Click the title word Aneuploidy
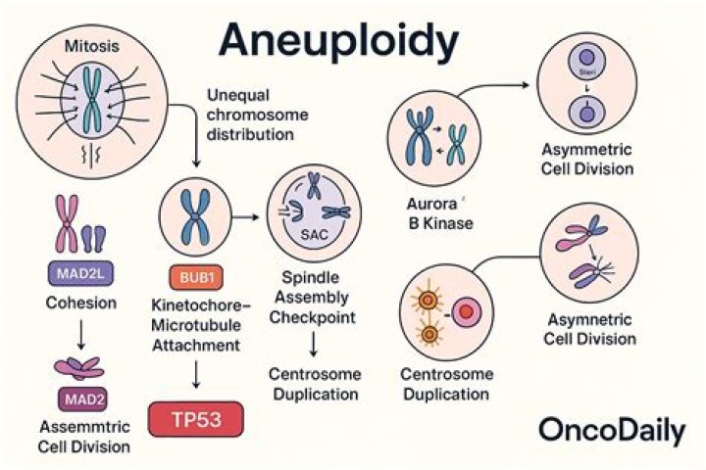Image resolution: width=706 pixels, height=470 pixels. (x=338, y=41)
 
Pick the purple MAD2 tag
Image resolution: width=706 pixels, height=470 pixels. (x=76, y=399)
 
